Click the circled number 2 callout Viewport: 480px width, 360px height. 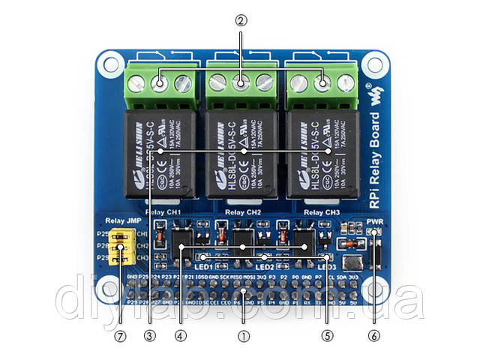tap(241, 21)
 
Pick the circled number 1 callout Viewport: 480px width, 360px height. tap(241, 336)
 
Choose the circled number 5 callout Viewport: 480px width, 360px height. tap(326, 336)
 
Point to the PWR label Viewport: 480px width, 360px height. tap(375, 222)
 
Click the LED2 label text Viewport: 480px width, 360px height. tap(264, 265)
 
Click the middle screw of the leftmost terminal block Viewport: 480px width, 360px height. tap(160, 82)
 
